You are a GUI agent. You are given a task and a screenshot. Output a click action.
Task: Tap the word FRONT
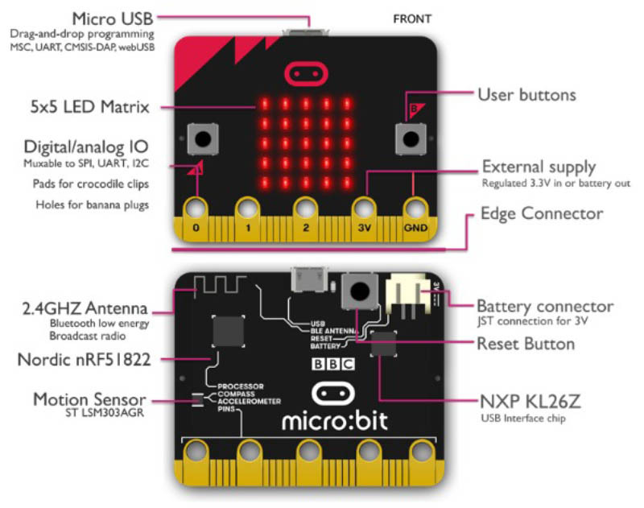(x=411, y=18)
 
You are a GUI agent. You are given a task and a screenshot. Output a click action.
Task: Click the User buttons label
(x=527, y=95)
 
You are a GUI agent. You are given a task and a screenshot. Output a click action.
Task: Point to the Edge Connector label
(x=541, y=213)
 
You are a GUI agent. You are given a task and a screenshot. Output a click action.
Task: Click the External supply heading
(x=539, y=167)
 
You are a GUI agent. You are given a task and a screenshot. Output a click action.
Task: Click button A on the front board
(x=200, y=138)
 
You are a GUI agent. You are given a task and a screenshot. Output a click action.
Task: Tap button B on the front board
(x=409, y=138)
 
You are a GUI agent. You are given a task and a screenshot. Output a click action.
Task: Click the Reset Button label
(x=526, y=344)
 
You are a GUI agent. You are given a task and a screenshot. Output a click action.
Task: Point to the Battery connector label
(x=545, y=307)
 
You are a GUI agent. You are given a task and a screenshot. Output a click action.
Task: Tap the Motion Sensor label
(x=89, y=399)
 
